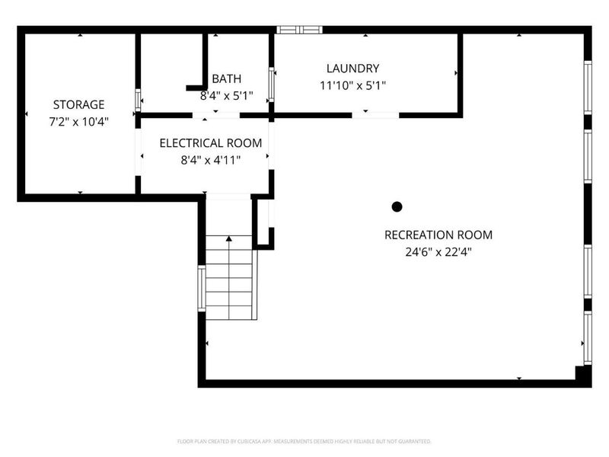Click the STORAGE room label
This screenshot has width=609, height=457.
click(79, 104)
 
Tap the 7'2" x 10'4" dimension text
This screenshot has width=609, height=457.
click(79, 122)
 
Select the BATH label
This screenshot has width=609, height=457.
click(226, 79)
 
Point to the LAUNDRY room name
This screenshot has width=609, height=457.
click(352, 69)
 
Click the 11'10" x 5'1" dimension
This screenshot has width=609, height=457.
click(352, 85)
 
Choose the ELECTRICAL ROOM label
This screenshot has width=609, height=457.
click(211, 143)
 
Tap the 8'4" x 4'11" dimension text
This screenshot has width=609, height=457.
click(211, 160)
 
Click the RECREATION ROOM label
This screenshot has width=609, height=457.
click(438, 235)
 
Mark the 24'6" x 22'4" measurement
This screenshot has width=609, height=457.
click(438, 252)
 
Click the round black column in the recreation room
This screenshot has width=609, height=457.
click(397, 206)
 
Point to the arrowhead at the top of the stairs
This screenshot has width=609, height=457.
click(229, 238)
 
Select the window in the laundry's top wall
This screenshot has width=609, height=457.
click(299, 30)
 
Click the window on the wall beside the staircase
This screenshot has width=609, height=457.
click(202, 289)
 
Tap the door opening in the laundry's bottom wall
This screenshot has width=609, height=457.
click(375, 115)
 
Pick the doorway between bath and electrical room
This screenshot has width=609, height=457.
click(216, 115)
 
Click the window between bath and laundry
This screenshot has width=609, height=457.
click(272, 85)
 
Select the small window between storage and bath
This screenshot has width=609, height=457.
click(138, 101)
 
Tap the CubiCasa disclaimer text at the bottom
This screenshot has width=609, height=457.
click(304, 442)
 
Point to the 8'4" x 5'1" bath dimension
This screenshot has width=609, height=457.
click(226, 96)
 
